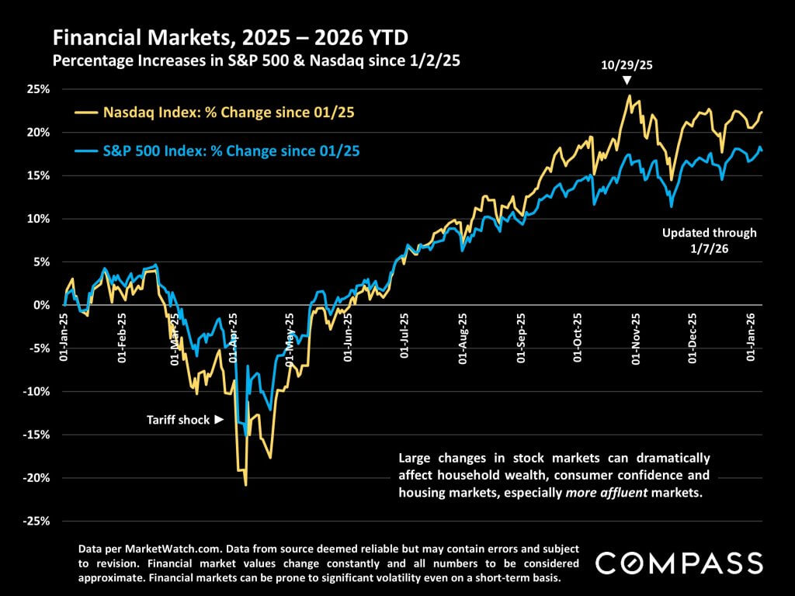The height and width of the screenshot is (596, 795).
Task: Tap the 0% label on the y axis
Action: [43, 305]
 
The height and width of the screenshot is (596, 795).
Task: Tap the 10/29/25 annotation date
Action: [627, 65]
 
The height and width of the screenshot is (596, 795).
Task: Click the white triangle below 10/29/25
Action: [627, 81]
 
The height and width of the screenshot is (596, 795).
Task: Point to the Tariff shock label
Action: [179, 420]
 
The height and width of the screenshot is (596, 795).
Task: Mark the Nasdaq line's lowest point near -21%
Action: [246, 485]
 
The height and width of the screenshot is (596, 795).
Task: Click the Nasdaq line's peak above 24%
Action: [629, 96]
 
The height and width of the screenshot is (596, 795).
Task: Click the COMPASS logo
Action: [679, 563]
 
